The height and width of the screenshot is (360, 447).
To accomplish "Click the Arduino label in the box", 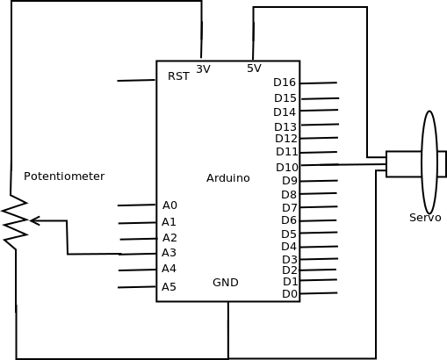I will click(x=227, y=178).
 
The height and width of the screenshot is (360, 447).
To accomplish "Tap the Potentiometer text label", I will click(x=64, y=176).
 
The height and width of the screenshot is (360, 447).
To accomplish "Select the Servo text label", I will click(x=425, y=218).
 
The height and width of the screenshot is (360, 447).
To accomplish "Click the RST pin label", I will click(x=178, y=76).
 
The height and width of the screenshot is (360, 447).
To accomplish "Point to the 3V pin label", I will click(x=203, y=69).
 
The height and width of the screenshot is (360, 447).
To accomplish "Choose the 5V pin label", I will click(x=254, y=68).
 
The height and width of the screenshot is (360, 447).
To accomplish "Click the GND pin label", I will click(x=225, y=283).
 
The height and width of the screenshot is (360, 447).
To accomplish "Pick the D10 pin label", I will click(x=287, y=168).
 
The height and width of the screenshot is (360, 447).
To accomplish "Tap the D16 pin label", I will click(x=285, y=83).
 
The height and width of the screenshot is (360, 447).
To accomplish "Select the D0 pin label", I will click(x=290, y=294).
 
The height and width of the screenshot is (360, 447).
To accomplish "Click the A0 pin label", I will click(x=169, y=205).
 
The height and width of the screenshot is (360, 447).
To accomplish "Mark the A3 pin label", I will click(x=169, y=253).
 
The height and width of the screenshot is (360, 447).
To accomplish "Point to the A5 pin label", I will click(x=169, y=287).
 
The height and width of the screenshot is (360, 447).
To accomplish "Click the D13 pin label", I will click(x=285, y=127).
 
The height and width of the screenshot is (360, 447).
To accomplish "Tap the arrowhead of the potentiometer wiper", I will click(x=34, y=220).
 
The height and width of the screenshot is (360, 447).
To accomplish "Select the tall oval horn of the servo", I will click(x=429, y=162).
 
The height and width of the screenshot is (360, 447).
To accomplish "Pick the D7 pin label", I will click(x=290, y=208).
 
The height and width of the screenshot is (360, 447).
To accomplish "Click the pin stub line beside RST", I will click(x=136, y=81).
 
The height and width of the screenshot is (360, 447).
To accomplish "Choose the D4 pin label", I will click(x=289, y=247).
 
